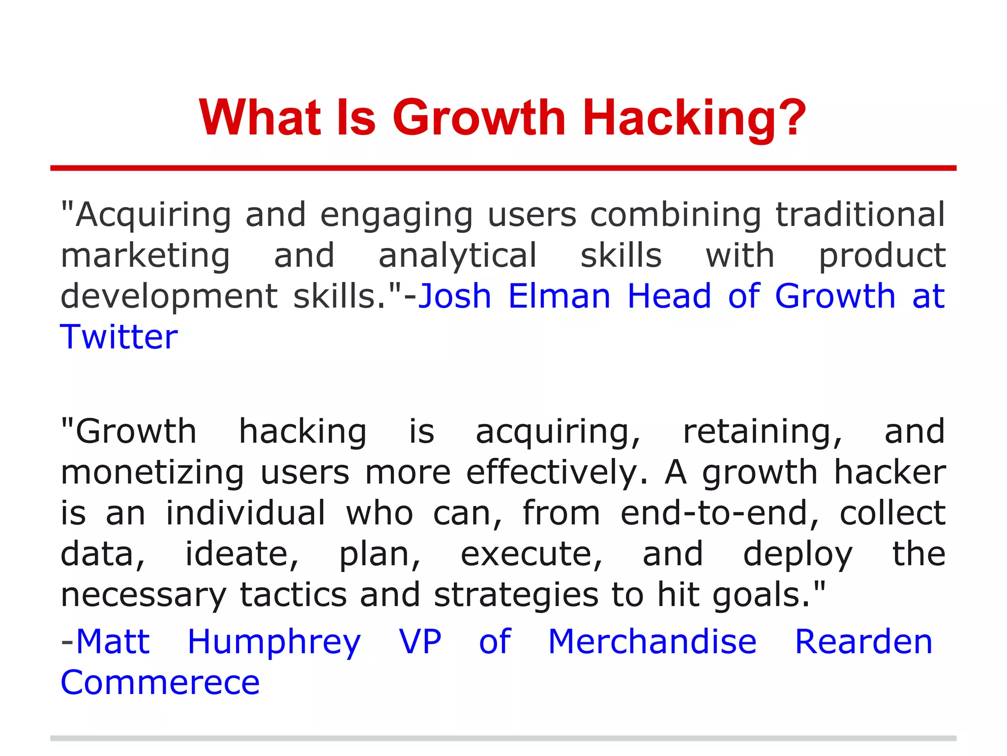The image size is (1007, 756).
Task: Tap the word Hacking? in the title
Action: coord(694,118)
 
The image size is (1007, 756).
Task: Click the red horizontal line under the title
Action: coord(503,168)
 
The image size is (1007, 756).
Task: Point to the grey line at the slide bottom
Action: coord(503,738)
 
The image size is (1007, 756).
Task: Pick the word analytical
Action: coord(457,256)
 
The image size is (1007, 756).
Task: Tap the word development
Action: coord(169,297)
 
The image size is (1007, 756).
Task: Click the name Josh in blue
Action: coord(455,296)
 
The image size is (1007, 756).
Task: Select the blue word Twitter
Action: coord(119,337)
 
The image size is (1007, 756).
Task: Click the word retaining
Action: coord(763,432)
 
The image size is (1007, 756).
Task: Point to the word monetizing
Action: coord(152,472)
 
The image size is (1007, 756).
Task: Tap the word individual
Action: coord(246,513)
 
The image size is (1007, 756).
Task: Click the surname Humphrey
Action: coord(274,642)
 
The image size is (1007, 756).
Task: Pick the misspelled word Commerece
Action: coord(160,683)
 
